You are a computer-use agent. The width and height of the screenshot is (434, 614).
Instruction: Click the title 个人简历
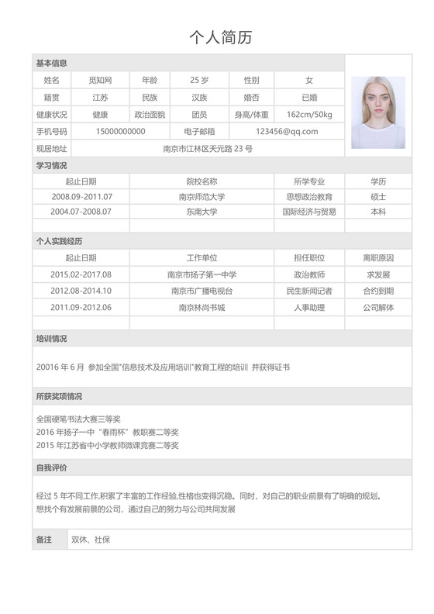coord(221,36)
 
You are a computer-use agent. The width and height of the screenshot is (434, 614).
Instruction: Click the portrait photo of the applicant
coord(377,112)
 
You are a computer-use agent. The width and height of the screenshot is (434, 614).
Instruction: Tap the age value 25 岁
coord(199,81)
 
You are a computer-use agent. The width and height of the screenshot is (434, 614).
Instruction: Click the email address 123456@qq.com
coord(287,132)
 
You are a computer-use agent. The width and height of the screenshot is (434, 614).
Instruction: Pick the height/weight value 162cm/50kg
coord(309,115)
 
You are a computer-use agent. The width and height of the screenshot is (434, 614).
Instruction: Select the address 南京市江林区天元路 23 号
coord(208,149)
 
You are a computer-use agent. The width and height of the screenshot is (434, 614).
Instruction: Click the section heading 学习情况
coord(51,165)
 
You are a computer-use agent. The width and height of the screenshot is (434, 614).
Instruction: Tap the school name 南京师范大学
coord(201,197)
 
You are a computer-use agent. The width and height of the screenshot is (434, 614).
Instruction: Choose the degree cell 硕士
coord(378,197)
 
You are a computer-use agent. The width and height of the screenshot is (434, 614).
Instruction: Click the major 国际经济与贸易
coord(309,212)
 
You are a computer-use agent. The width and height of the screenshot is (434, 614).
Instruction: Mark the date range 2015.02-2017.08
coord(81,274)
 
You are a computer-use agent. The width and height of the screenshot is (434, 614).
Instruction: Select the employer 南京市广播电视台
coord(201,291)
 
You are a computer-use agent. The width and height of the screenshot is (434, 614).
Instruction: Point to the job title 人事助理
coord(309,308)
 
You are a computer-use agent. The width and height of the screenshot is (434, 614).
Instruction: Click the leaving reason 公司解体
coord(378,308)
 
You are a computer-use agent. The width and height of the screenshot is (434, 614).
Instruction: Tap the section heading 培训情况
coord(51,339)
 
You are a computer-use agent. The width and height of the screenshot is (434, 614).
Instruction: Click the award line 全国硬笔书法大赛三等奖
coord(78,419)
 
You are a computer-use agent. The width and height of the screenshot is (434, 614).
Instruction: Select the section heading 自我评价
coord(51,467)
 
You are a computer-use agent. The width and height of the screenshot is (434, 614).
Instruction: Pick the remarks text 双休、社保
coord(91,540)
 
